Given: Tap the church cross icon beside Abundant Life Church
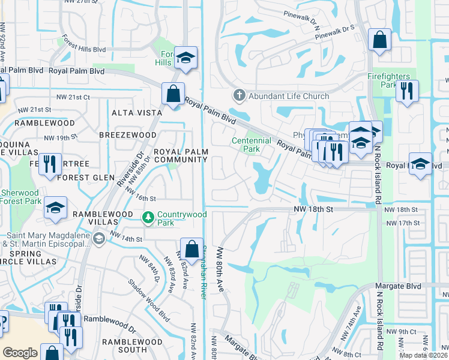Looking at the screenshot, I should pyautogui.click(x=239, y=95).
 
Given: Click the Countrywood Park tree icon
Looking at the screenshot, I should pyautogui.click(x=146, y=216).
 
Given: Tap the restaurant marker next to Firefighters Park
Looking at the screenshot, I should pyautogui.click(x=407, y=91).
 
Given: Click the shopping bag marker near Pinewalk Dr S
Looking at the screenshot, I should pyautogui.click(x=379, y=41).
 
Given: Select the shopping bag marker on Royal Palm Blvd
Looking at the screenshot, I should pyautogui.click(x=173, y=94).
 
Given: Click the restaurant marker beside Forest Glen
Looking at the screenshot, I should pyautogui.click(x=50, y=163).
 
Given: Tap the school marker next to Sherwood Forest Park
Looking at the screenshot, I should pyautogui.click(x=55, y=208).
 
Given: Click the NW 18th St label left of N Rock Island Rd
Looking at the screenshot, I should pyautogui.click(x=313, y=209).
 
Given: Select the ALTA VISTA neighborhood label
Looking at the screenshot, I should pyautogui.click(x=136, y=113).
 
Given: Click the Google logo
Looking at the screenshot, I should pyautogui.click(x=20, y=353).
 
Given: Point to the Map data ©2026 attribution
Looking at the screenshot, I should pyautogui.click(x=423, y=355).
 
